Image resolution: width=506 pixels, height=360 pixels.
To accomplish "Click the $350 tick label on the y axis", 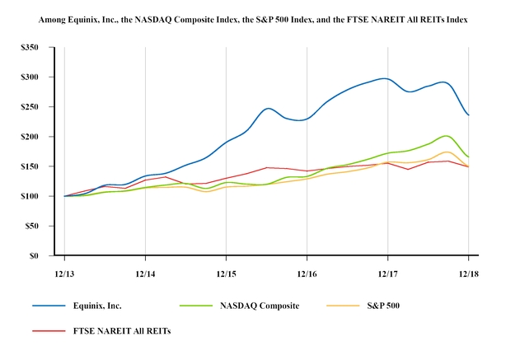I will point(31,48).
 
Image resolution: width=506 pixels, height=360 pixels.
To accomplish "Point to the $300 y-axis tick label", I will point(31,77).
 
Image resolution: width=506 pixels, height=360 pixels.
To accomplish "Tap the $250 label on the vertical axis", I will point(31,107).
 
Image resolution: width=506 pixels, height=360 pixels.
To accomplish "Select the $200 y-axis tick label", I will point(31,137).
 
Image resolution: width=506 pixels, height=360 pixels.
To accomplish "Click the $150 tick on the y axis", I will point(31,166).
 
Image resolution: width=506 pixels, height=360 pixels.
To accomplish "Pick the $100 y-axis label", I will point(31,196).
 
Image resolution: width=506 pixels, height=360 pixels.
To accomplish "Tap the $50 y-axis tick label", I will point(34,226).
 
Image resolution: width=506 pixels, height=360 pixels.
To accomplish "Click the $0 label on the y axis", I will point(36,255).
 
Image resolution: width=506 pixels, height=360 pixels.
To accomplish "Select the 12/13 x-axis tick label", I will point(64,270).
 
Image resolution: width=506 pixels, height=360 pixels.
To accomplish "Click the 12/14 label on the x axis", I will point(145,270).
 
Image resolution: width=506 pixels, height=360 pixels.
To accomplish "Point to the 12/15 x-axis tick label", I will point(226,270).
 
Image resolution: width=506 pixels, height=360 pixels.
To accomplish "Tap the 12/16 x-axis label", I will point(307,270).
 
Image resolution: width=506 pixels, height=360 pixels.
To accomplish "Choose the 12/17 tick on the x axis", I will point(387,270).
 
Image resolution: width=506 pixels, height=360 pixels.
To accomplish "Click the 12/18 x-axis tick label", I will point(468,270).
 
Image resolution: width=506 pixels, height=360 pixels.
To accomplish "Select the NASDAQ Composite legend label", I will point(259,306).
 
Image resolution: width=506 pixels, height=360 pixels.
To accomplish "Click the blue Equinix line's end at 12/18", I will point(468,115).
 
